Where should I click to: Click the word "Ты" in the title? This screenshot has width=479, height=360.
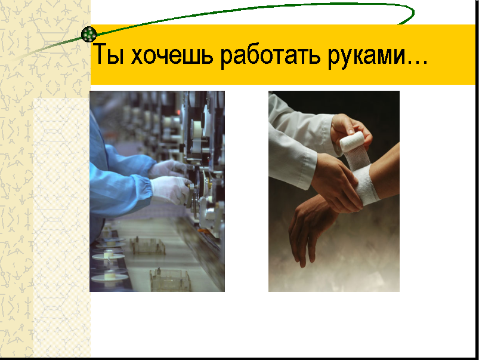pos(108,54)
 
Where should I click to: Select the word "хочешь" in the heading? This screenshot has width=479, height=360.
pos(172,54)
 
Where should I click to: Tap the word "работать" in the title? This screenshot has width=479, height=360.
pos(270,54)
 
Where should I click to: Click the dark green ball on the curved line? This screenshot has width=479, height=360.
pos(89,34)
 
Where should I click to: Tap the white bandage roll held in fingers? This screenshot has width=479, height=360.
pos(352,141)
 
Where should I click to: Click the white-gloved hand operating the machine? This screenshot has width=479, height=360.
pos(171,190)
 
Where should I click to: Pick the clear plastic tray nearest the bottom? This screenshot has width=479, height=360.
pos(170,280)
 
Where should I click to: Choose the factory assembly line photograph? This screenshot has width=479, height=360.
pos(157,191)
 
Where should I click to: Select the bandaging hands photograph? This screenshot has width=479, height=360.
pos(334,191)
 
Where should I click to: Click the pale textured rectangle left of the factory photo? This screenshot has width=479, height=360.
pos(61,227)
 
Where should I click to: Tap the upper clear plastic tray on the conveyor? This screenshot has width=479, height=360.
pos(148,246)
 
